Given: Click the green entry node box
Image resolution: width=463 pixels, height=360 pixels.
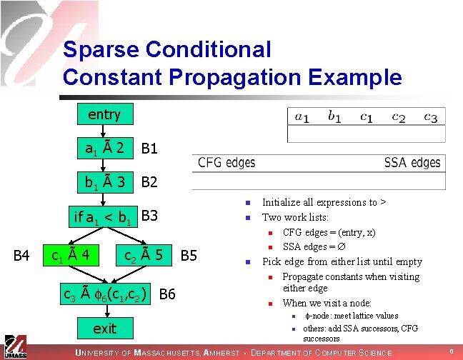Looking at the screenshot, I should click(104, 114).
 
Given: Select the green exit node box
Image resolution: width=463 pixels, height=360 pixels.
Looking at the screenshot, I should click(104, 329).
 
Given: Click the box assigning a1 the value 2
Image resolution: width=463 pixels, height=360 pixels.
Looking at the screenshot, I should click(105, 149).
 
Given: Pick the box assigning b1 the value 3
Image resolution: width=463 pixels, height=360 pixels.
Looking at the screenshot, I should click(105, 182).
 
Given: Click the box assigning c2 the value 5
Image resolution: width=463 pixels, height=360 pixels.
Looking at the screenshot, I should click(145, 254).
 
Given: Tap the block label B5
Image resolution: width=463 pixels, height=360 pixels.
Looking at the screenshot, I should click(189, 255).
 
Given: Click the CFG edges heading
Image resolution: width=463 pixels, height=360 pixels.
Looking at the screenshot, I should click(226, 163).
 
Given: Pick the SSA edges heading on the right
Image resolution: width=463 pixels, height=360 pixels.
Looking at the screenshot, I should click(412, 163).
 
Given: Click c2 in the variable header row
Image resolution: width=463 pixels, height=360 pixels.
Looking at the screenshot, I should click(398, 116).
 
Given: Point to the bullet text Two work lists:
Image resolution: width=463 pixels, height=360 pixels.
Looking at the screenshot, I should click(295, 217).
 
